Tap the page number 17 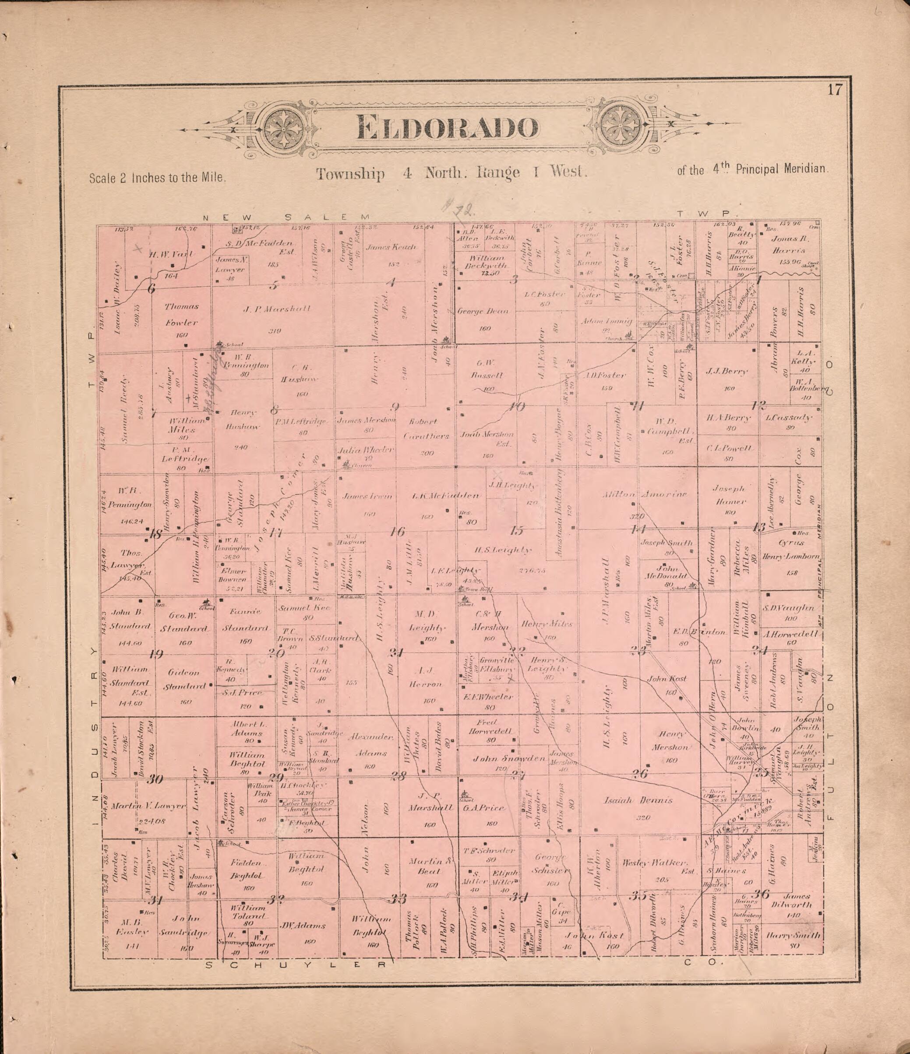(x=835, y=90)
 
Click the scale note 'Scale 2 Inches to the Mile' (x=158, y=178)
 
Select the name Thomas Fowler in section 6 (x=181, y=314)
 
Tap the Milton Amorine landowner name (x=645, y=494)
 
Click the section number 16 (x=398, y=532)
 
